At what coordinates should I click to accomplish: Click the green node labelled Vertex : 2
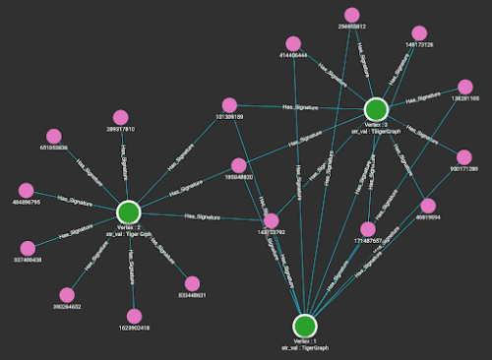128,211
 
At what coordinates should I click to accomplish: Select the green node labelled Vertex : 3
375,109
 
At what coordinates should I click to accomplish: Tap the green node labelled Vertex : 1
305,325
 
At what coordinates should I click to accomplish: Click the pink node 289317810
120,117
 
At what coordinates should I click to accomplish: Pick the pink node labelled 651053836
54,136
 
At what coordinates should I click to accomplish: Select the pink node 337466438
28,248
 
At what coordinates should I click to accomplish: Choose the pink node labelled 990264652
67,294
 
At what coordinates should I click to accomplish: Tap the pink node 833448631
192,282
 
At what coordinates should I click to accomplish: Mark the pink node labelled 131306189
229,104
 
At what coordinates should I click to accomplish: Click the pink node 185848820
237,165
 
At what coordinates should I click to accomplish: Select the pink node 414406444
292,43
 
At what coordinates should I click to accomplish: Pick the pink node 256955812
351,14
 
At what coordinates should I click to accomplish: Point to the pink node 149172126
419,32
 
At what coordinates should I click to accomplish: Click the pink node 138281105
465,87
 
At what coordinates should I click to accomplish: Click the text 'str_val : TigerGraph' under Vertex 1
305,349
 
